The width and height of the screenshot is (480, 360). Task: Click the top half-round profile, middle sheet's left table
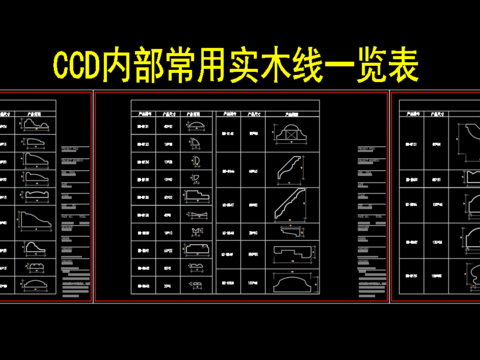point(196,127)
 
